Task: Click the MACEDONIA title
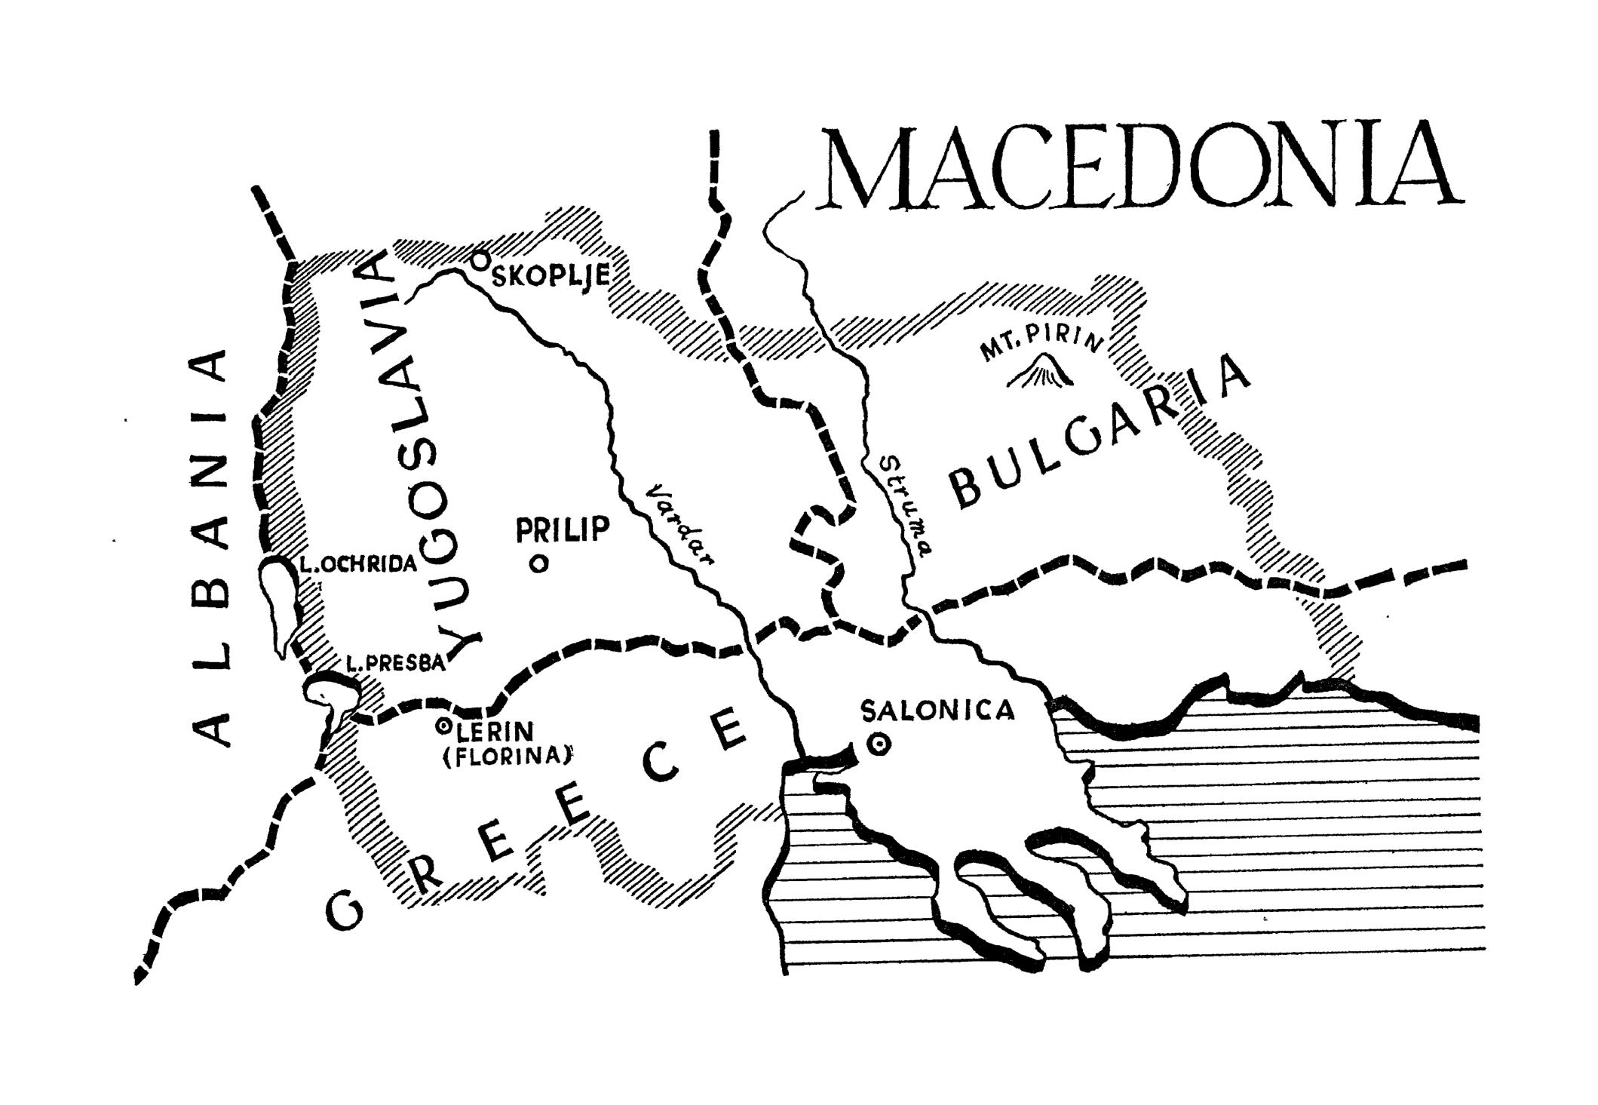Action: point(1143,167)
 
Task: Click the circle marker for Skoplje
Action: point(478,261)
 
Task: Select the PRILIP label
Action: point(562,529)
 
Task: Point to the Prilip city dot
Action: point(538,563)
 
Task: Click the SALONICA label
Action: point(937,711)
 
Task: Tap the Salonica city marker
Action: point(878,744)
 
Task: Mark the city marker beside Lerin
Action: point(443,726)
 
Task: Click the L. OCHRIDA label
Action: point(357,564)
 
